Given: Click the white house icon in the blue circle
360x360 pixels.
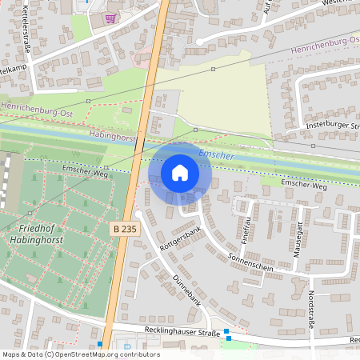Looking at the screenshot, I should coord(180,173).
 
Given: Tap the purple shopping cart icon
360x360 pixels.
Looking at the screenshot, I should coord(110,17).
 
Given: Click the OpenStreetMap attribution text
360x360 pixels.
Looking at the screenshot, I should coord(81,354).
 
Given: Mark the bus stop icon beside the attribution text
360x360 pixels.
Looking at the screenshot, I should coord(99,344).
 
